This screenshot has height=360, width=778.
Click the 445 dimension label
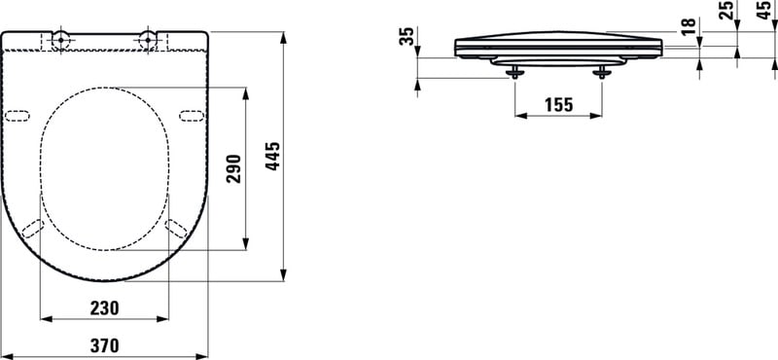(272, 157)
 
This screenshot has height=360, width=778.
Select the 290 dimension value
(233, 169)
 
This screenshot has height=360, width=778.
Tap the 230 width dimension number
(105, 308)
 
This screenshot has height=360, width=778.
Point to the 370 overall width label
(105, 345)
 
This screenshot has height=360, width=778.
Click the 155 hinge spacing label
(558, 105)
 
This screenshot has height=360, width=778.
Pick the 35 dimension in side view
(407, 36)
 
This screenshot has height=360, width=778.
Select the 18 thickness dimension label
(689, 26)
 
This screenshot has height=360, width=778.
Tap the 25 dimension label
(725, 10)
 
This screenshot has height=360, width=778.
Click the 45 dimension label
(764, 10)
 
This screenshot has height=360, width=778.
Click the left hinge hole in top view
(60, 38)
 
